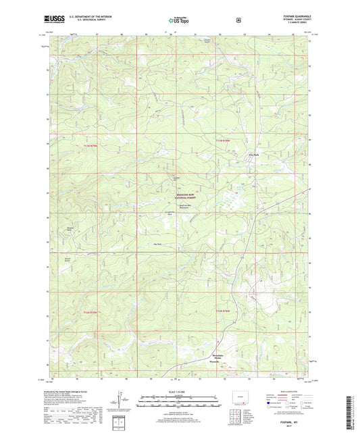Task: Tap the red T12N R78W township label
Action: pyautogui.click(x=224, y=309)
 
